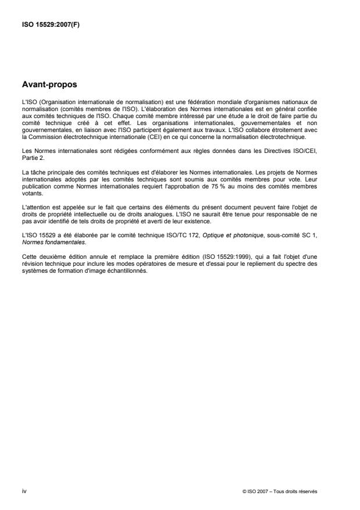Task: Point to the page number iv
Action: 23,491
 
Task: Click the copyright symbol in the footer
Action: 244,491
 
